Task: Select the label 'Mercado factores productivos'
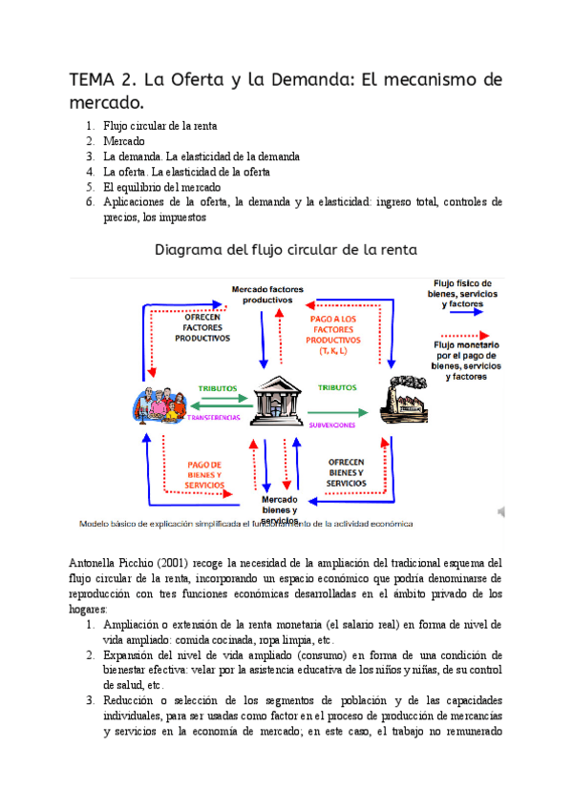coord(267,293)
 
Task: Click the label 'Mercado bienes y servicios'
coord(280,508)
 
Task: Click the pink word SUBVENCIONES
coord(332,425)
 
